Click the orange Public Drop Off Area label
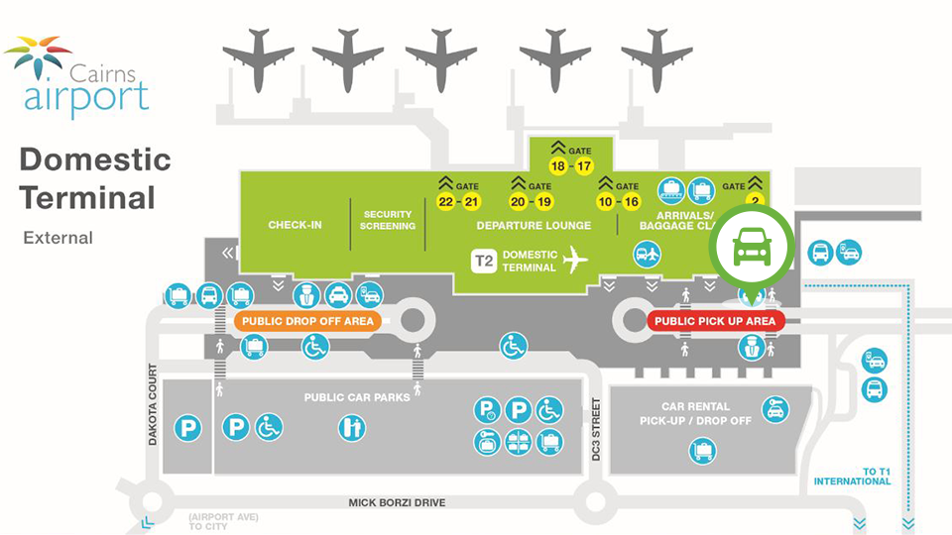pos(305,321)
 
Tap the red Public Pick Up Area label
pos(716,321)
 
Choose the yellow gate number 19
pos(543,203)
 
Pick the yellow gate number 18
pos(558,166)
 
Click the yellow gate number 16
pos(631,203)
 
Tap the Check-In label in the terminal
pos(295,225)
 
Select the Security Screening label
pos(387,220)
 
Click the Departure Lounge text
pos(534,225)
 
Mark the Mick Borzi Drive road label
pos(397,502)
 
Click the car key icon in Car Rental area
pos(774,408)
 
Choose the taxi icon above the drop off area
pos(337,295)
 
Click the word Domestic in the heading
pos(95,160)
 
